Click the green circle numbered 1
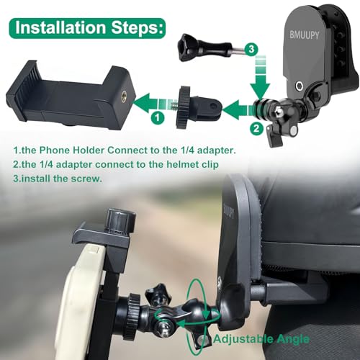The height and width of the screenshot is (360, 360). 158,118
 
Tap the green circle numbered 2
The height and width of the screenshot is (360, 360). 256,129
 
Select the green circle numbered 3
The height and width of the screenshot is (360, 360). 251,50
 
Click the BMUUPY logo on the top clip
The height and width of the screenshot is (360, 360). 305,35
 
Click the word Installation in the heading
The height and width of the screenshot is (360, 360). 60,27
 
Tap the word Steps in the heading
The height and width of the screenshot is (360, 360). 138,28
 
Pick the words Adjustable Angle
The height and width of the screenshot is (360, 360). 261,339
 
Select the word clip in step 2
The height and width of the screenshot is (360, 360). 211,165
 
